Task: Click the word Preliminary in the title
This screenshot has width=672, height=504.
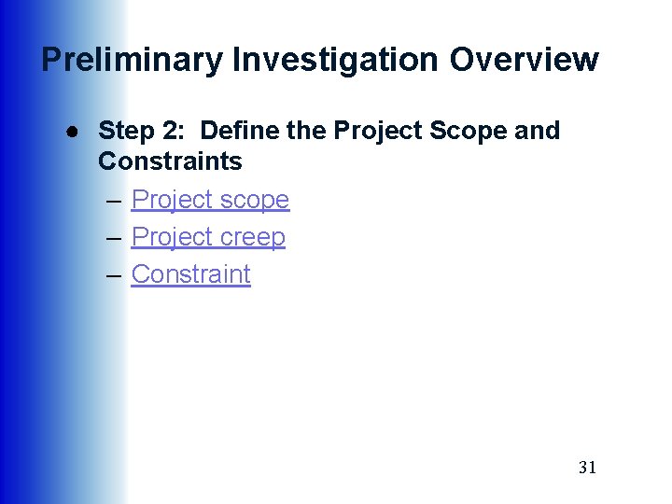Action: tap(132, 60)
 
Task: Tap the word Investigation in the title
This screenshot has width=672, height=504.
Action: tap(336, 60)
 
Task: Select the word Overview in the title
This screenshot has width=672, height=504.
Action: tap(525, 60)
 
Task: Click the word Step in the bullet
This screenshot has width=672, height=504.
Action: tap(126, 131)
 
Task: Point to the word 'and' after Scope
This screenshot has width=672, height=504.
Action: tap(538, 131)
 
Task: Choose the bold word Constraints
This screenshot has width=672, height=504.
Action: tap(170, 161)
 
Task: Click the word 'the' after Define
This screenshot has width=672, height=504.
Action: tap(305, 131)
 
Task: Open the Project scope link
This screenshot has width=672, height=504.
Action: tap(210, 200)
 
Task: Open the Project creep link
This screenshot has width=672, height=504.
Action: tap(208, 237)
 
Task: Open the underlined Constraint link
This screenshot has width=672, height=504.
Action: tap(190, 274)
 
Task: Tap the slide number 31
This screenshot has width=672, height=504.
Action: tap(587, 468)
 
